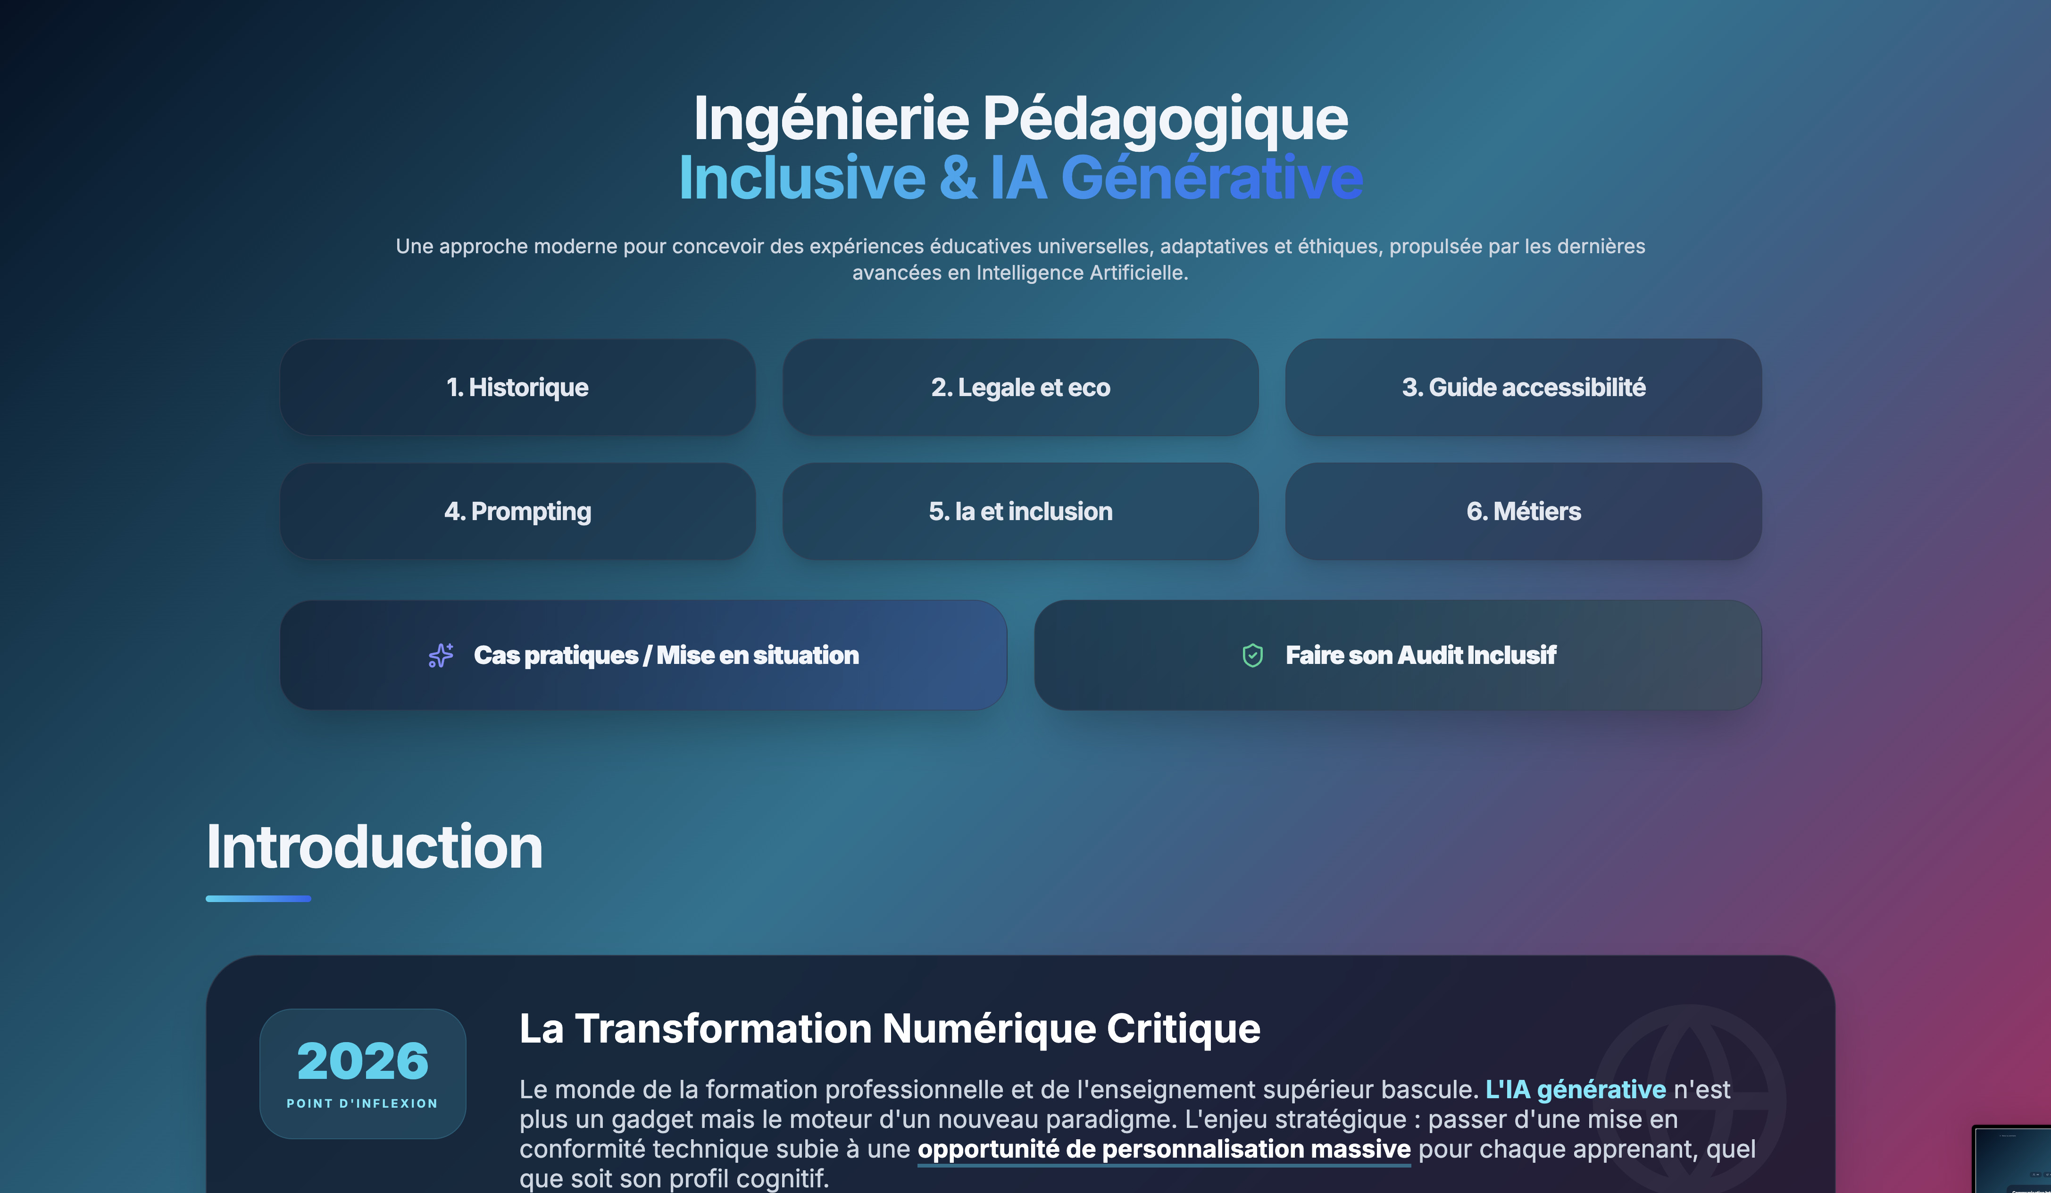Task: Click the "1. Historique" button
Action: pyautogui.click(x=517, y=387)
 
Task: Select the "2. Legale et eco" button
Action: pyautogui.click(x=1021, y=387)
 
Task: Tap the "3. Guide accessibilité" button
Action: pyautogui.click(x=1524, y=387)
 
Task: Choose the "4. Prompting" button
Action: pyautogui.click(x=517, y=511)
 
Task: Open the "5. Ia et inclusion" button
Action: pyautogui.click(x=1021, y=511)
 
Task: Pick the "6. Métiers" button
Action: pyautogui.click(x=1524, y=511)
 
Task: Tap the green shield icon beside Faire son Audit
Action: pyautogui.click(x=1252, y=655)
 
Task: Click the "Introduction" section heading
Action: pyautogui.click(x=375, y=847)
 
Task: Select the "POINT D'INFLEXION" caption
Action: pyautogui.click(x=362, y=1103)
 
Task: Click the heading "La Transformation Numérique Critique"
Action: pyautogui.click(x=890, y=1028)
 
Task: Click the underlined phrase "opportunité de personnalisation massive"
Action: pyautogui.click(x=1164, y=1149)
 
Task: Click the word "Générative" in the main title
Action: pyautogui.click(x=1212, y=177)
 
